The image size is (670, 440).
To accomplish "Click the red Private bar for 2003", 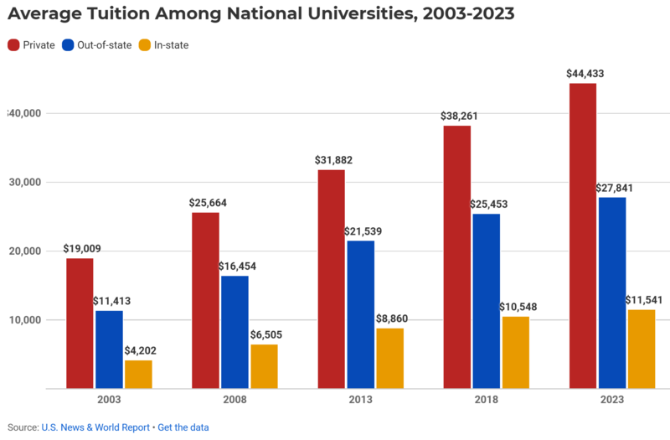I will pos(80,324).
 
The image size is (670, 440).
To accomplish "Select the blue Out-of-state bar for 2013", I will pos(361,314).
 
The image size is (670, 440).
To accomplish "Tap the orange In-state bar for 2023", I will pos(642,349).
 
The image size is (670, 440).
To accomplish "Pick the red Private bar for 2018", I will pos(456,256).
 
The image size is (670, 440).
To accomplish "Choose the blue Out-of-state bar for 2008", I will pos(234,332).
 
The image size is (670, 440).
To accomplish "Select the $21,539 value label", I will pos(361,231).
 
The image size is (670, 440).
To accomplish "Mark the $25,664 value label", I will pos(205,203).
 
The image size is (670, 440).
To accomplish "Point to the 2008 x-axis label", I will pos(234,400).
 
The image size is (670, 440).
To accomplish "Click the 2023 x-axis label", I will pos(612,400).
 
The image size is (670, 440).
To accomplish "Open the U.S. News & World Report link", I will pos(95,427).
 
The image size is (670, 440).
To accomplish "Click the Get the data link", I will pos(183,427).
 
